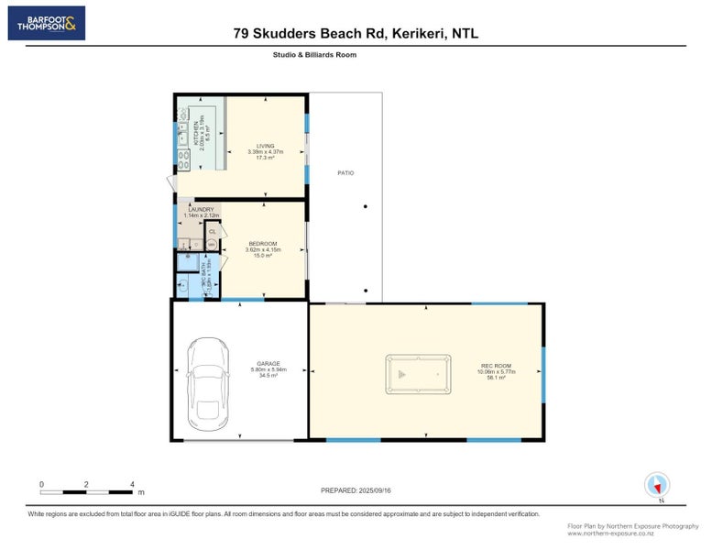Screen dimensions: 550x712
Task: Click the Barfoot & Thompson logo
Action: (x=47, y=23)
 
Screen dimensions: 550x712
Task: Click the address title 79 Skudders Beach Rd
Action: (x=356, y=34)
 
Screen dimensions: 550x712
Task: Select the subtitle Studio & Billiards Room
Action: (x=314, y=55)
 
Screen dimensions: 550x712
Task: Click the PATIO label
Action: (x=345, y=173)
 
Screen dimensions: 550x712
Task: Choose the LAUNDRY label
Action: (x=200, y=210)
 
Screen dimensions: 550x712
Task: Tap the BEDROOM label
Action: (x=261, y=244)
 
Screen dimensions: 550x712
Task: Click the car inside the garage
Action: (x=207, y=383)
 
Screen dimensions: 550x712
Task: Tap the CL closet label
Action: (x=212, y=231)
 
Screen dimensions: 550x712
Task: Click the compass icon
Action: (x=657, y=484)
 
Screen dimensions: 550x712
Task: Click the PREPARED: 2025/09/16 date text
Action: (x=356, y=490)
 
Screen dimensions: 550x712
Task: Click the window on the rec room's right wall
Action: (x=542, y=374)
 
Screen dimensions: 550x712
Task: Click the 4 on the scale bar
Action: (x=132, y=483)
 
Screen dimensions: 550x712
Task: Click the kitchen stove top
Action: (x=183, y=160)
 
